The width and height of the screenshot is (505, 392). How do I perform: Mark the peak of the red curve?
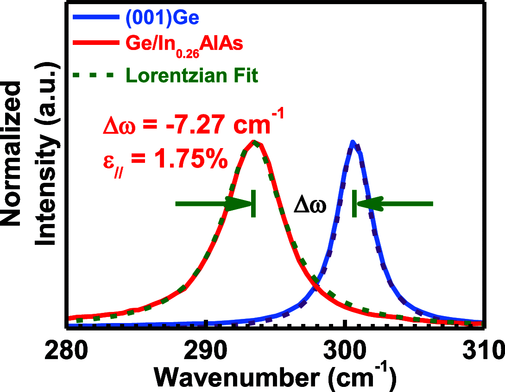(x=253, y=142)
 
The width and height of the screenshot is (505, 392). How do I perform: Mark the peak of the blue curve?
(x=353, y=143)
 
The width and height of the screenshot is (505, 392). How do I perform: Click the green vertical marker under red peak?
(x=253, y=204)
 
